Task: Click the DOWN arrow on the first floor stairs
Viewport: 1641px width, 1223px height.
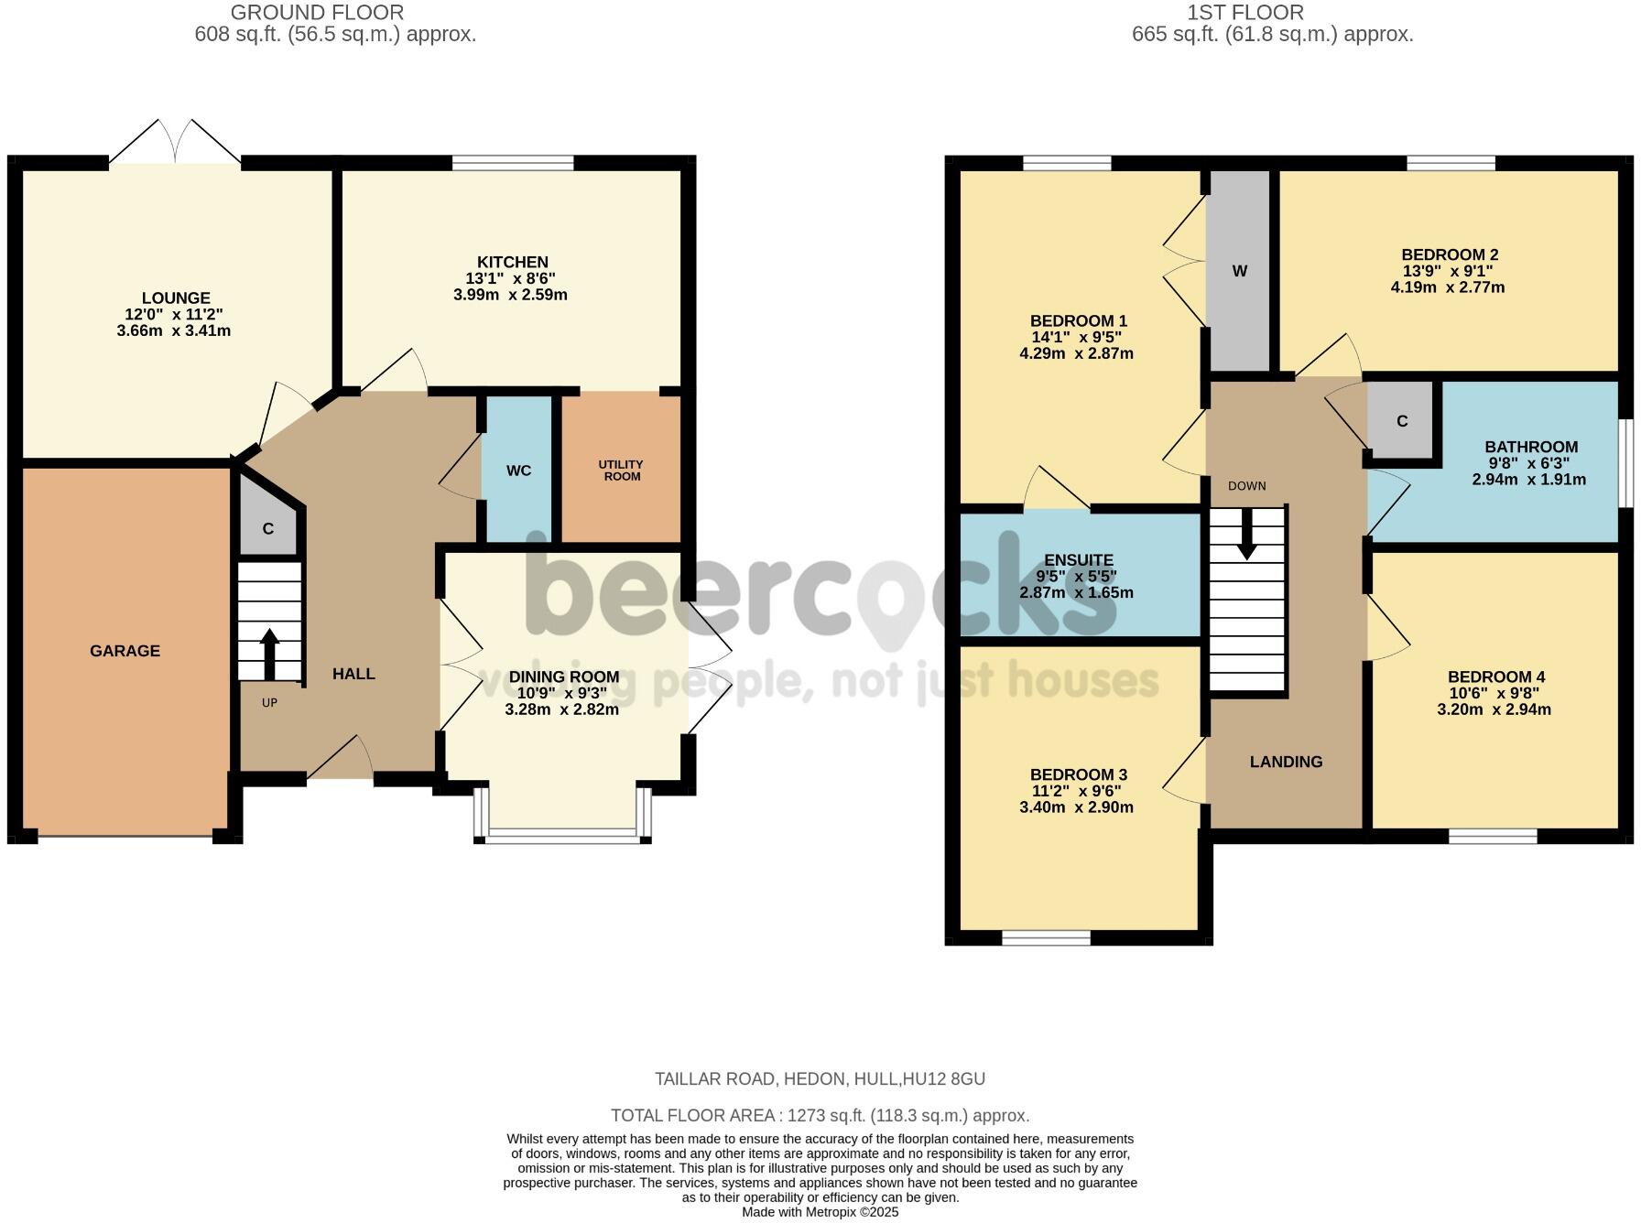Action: [x=1247, y=534]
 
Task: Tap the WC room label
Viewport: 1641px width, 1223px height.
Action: [x=518, y=471]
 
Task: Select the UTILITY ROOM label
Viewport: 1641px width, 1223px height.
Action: [x=622, y=471]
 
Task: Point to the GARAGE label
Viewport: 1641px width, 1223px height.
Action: [x=125, y=651]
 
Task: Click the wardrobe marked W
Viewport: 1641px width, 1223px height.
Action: [x=1239, y=271]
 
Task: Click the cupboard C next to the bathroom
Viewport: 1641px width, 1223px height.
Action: [x=1401, y=421]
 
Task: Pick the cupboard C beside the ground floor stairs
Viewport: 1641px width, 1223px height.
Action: [x=267, y=529]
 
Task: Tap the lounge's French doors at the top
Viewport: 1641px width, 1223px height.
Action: [x=176, y=146]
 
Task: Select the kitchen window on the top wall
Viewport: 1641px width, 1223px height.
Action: [x=513, y=164]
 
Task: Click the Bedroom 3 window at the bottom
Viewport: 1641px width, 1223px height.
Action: [x=1046, y=937]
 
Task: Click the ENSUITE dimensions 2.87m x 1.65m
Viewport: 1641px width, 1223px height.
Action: [x=1076, y=592]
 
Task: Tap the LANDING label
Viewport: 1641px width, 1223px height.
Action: [x=1286, y=762]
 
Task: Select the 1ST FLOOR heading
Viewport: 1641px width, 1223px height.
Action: [x=1244, y=13]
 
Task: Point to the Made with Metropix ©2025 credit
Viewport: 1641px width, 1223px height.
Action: [x=820, y=1212]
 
